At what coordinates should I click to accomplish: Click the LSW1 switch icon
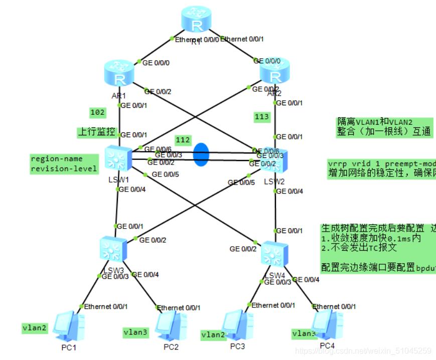click(118, 158)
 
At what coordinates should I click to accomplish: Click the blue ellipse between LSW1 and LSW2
click(200, 154)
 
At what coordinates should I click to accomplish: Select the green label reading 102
click(97, 112)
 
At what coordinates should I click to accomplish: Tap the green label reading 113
click(262, 117)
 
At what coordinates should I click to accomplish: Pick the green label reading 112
click(183, 139)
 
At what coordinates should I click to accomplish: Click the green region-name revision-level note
click(64, 163)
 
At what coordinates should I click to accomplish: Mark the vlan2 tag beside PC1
click(35, 328)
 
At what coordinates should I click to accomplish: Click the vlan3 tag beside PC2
click(136, 332)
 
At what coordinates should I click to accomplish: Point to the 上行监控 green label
click(96, 132)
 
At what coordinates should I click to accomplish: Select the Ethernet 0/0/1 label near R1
click(242, 39)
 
